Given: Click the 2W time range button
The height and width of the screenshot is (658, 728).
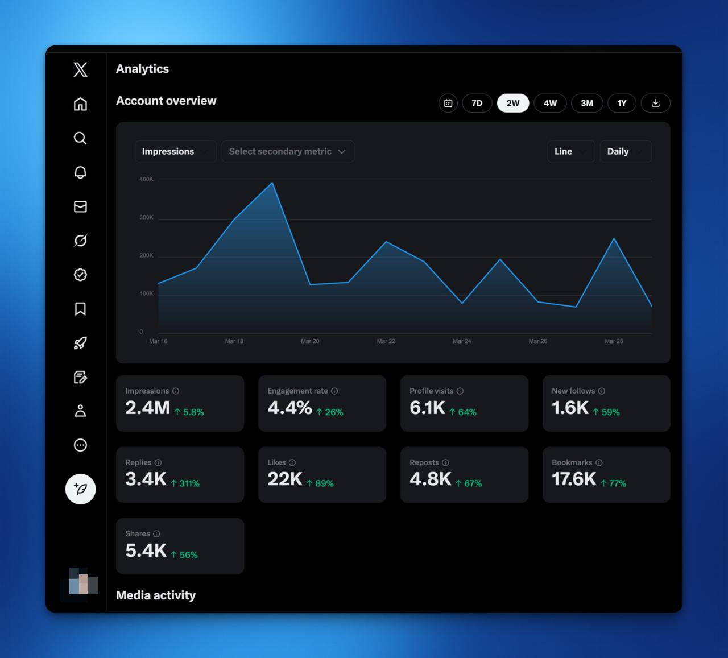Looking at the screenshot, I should [x=513, y=103].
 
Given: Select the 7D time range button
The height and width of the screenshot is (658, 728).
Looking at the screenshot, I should [x=477, y=103].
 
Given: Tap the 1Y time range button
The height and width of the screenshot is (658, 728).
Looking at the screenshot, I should [x=622, y=103].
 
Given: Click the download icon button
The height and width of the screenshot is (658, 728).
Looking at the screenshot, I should [x=655, y=103].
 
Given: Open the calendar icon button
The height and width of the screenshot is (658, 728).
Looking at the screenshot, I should [x=448, y=103].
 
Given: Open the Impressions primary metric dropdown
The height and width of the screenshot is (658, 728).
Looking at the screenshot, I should [x=175, y=151].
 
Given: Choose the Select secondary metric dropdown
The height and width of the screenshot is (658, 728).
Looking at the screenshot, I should [x=288, y=151].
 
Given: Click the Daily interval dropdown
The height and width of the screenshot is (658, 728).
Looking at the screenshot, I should [x=625, y=151].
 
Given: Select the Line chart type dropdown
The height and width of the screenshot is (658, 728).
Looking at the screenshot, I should [x=570, y=151].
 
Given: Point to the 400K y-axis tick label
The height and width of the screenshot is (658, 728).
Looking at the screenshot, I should [x=146, y=179].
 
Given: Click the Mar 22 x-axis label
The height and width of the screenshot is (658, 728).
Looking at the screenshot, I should [x=386, y=341].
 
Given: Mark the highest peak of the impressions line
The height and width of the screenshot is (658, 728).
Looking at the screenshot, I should [x=272, y=183].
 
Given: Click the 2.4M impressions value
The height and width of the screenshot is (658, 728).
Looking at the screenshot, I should [x=147, y=408].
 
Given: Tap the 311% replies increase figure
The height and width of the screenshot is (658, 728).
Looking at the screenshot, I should [x=185, y=483].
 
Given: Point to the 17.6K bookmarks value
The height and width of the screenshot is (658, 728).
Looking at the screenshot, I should [x=574, y=479].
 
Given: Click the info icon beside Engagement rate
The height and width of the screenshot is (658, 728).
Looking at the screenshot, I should [x=334, y=391].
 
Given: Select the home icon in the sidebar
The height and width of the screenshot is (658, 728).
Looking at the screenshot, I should [x=80, y=104].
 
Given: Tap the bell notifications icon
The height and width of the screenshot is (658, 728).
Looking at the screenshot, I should [x=80, y=172].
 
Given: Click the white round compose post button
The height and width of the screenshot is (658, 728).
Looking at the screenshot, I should [x=80, y=489].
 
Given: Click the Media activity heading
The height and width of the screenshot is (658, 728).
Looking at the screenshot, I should [x=156, y=595].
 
